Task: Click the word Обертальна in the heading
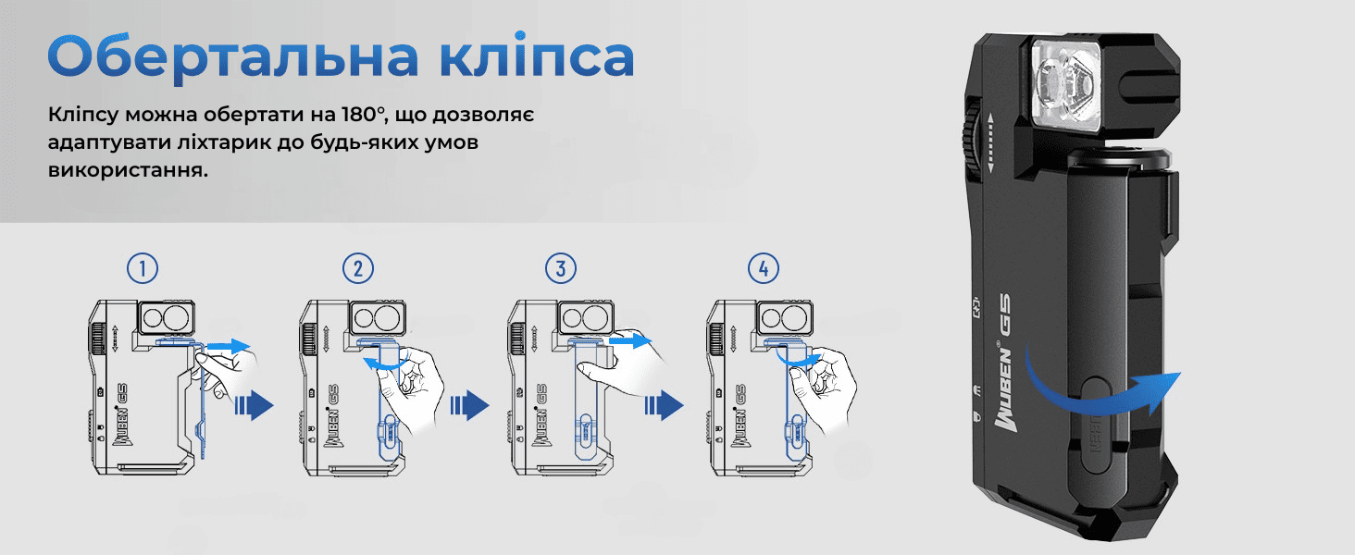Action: click(x=233, y=56)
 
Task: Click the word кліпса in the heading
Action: click(x=537, y=55)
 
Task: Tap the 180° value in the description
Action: click(x=363, y=115)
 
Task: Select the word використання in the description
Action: click(x=128, y=170)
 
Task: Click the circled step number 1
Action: click(x=143, y=268)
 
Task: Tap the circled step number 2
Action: click(x=358, y=268)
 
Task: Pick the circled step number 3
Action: click(x=561, y=268)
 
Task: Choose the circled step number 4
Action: click(x=764, y=268)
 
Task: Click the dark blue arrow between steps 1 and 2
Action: click(x=254, y=405)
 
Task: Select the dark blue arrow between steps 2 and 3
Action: click(x=469, y=405)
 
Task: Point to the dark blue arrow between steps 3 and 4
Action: click(x=664, y=405)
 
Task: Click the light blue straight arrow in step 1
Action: click(x=229, y=347)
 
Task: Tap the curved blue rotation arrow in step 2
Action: click(x=385, y=363)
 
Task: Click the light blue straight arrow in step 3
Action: click(x=630, y=341)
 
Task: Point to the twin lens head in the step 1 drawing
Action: click(x=168, y=316)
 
